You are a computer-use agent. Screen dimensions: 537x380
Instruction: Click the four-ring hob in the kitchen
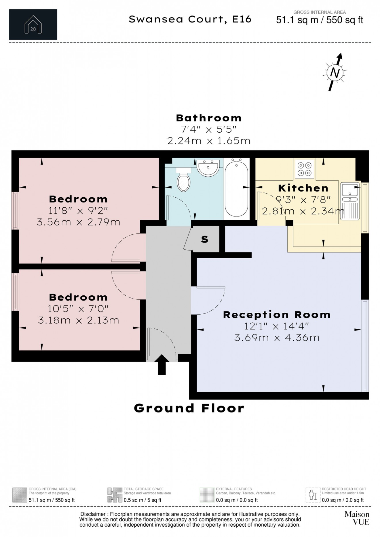click(x=305, y=169)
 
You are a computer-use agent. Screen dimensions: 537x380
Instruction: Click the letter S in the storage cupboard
click(x=205, y=239)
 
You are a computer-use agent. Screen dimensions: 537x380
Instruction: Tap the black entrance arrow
click(x=162, y=364)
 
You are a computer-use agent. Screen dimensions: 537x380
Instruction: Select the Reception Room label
click(x=277, y=315)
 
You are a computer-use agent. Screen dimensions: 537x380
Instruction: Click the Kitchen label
click(x=303, y=188)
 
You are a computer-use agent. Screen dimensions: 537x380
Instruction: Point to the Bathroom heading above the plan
click(x=209, y=118)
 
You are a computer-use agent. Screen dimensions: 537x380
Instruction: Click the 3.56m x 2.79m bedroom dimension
click(x=78, y=222)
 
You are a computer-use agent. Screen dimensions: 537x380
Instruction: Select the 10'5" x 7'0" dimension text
click(x=78, y=309)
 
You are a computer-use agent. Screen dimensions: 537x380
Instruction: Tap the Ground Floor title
click(x=189, y=408)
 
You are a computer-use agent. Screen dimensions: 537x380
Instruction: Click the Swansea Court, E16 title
click(x=190, y=19)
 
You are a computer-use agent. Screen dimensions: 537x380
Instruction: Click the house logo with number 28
click(x=33, y=24)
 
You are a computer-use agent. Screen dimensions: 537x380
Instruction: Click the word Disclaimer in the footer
click(x=93, y=514)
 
